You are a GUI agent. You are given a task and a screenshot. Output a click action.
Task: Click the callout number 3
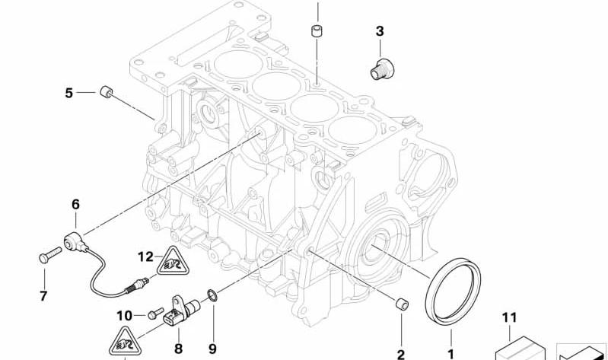pyautogui.click(x=380, y=31)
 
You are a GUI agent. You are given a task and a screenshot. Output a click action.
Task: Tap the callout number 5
pyautogui.click(x=68, y=93)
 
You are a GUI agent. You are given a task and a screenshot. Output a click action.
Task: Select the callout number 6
pyautogui.click(x=75, y=205)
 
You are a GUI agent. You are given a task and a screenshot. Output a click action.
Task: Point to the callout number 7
pyautogui.click(x=43, y=296)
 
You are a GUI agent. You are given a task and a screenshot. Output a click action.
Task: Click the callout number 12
pyautogui.click(x=146, y=256)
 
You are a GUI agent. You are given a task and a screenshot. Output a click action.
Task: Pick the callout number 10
pyautogui.click(x=125, y=316)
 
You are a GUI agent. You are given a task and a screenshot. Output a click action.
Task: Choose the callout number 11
pyautogui.click(x=510, y=317)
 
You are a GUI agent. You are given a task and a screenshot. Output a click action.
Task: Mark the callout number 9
pyautogui.click(x=212, y=349)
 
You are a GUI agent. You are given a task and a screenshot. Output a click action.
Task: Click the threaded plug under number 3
pyautogui.click(x=381, y=69)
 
